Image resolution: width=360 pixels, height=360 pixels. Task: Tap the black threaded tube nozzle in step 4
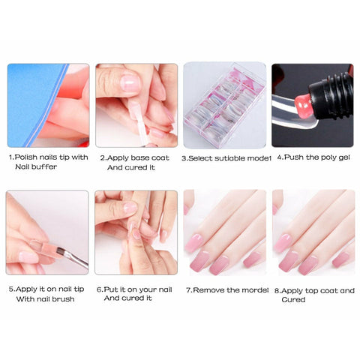(x=331, y=95)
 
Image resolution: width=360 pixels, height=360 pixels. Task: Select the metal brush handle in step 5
(x=76, y=257)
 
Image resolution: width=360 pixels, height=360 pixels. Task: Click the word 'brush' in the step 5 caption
(x=64, y=299)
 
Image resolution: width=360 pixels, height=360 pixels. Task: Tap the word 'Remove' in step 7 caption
(x=209, y=290)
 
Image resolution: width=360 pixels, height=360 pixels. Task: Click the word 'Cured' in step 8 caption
(x=293, y=299)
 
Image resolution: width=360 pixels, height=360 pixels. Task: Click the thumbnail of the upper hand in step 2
(x=130, y=83)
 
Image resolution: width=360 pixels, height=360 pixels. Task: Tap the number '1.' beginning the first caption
(x=11, y=157)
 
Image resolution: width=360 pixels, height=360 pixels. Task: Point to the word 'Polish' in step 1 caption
(x=26, y=157)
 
